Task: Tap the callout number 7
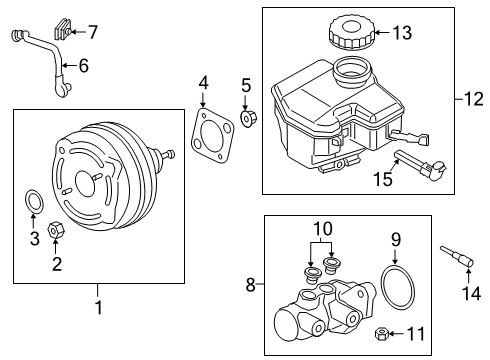coord(92,33)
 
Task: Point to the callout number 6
coord(84,67)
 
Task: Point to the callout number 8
coord(251,285)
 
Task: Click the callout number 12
coord(473,98)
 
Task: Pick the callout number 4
coord(203,82)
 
